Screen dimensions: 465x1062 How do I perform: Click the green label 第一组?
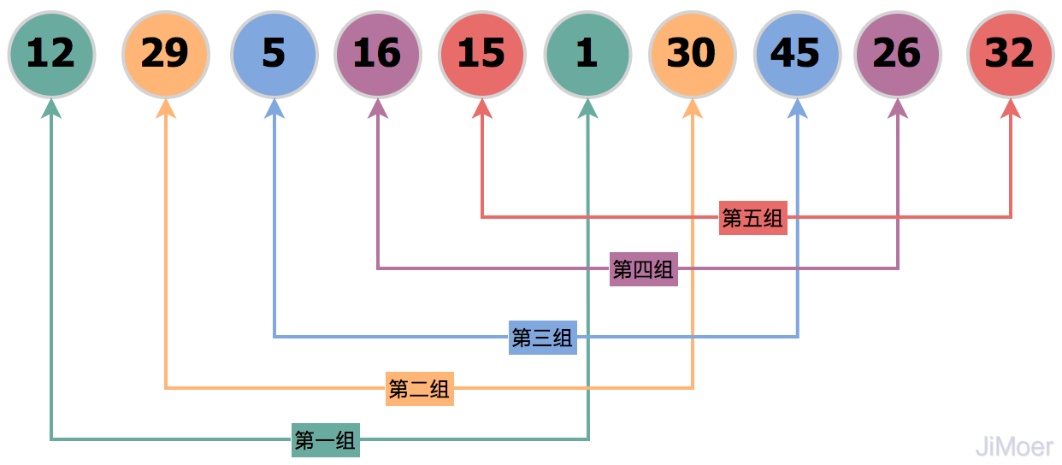(x=325, y=440)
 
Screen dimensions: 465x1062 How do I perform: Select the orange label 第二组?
(x=419, y=389)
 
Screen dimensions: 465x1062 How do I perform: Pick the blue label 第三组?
(x=542, y=338)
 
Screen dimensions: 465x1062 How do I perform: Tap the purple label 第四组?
(x=643, y=269)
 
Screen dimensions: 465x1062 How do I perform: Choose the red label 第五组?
(x=752, y=218)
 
